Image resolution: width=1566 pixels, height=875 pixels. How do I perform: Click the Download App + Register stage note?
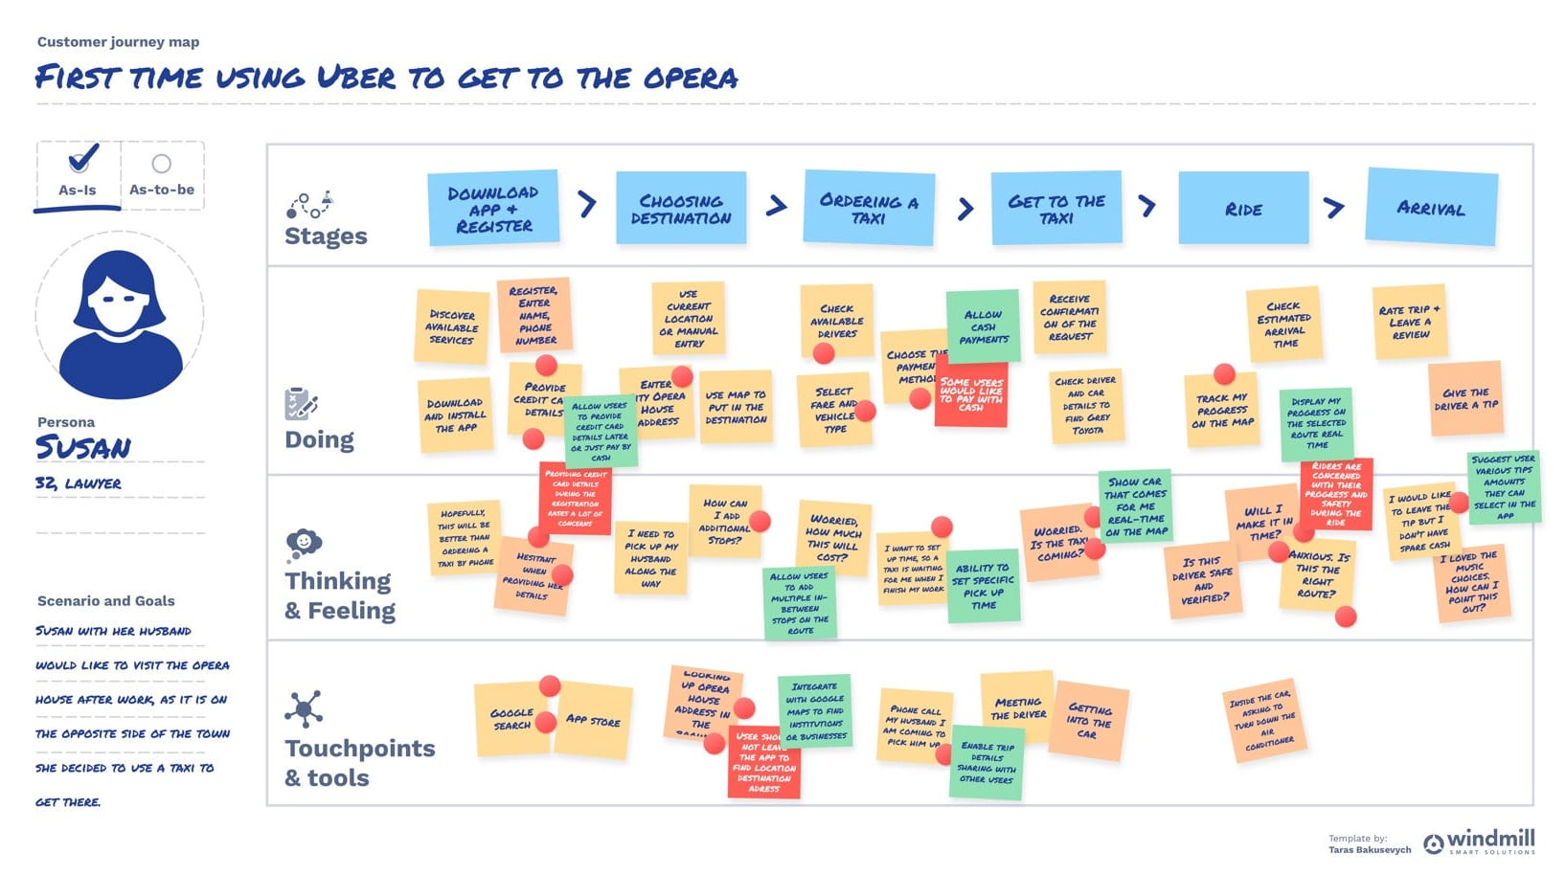point(492,209)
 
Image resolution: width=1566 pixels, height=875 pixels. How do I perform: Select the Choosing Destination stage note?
point(680,209)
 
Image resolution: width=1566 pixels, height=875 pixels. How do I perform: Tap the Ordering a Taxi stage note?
point(868,209)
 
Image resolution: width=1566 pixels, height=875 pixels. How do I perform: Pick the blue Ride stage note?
point(1242,209)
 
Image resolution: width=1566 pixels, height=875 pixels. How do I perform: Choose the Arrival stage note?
point(1431,207)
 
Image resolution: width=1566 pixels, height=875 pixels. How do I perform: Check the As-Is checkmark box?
point(82,158)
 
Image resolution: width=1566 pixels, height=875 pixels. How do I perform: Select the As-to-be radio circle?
point(162,164)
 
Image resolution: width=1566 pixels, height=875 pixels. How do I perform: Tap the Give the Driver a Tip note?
point(1465,398)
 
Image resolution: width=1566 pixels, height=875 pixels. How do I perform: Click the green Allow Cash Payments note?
point(984,325)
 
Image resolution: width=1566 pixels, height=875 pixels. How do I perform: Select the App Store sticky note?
point(594,720)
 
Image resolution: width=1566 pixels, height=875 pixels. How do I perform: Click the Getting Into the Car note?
point(1089,721)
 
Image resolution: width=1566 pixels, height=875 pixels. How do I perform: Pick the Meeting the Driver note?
point(1017,707)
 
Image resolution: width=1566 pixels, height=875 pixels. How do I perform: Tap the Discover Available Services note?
point(451,326)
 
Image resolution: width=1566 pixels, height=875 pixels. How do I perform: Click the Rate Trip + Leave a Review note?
point(1409,321)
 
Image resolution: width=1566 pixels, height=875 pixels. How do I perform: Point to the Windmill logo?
point(1479,842)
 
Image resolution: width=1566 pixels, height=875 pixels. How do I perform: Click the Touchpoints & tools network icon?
point(304,709)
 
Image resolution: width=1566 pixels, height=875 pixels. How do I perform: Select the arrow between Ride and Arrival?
point(1334,207)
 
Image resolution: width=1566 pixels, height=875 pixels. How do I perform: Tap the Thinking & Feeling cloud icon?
point(304,544)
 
